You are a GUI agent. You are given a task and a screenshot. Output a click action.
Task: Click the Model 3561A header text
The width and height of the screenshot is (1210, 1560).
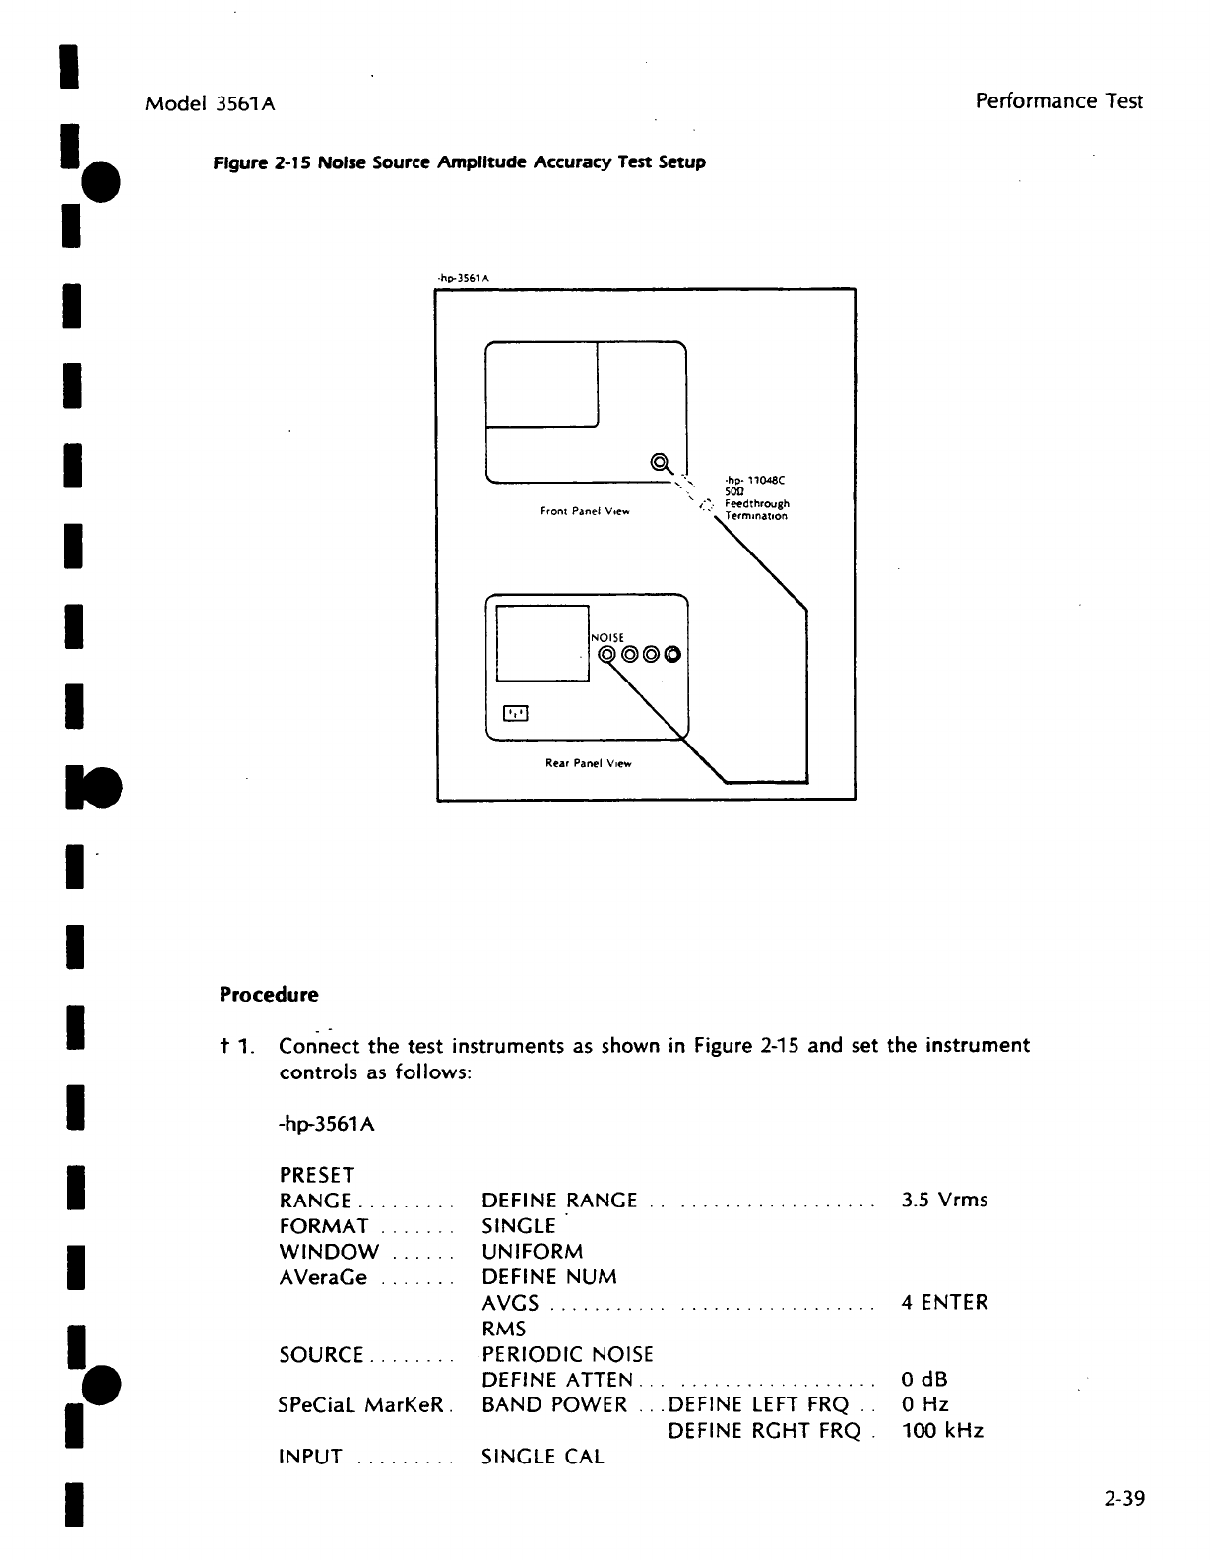(x=210, y=102)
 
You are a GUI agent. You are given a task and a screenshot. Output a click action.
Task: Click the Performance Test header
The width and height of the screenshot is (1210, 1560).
(x=1058, y=100)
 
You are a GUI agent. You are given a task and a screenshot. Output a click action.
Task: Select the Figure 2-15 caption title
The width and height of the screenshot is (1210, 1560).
(x=460, y=162)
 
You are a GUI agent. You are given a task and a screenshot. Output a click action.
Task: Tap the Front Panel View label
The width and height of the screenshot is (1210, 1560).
(x=585, y=511)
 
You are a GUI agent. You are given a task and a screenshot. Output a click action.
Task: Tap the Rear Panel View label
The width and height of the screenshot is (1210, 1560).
(x=588, y=763)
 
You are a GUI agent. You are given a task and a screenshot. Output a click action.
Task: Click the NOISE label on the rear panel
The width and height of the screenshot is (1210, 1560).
(x=607, y=638)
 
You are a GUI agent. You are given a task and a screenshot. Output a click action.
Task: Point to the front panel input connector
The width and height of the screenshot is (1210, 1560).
(x=660, y=462)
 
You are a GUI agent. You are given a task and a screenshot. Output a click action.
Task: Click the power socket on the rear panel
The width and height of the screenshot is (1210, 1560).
(x=517, y=712)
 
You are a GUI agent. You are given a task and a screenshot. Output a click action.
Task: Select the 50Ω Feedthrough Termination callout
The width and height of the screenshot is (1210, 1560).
(x=756, y=498)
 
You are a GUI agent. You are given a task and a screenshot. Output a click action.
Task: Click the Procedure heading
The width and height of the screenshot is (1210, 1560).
(x=269, y=995)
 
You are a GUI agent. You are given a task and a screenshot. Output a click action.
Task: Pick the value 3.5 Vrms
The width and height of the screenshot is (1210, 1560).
(x=944, y=1201)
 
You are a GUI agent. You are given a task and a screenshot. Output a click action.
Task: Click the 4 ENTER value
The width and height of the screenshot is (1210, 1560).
(x=944, y=1303)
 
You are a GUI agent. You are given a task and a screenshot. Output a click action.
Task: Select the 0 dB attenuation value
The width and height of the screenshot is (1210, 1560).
(x=924, y=1380)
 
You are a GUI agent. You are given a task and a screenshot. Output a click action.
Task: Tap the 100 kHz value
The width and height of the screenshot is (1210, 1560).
(x=942, y=1431)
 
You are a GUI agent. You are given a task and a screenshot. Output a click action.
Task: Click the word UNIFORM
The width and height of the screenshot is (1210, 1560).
(x=532, y=1252)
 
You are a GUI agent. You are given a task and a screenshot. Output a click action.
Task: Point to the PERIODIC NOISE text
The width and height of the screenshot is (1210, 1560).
(x=567, y=1354)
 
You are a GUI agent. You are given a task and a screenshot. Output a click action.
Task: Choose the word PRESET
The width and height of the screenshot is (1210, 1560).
(x=317, y=1175)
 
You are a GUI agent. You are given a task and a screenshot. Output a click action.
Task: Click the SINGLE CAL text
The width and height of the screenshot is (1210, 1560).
(x=542, y=1457)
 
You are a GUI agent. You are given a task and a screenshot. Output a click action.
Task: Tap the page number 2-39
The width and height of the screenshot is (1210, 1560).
(x=1123, y=1500)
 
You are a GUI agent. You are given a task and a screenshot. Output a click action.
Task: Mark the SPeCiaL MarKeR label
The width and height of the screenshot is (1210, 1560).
(x=362, y=1405)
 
